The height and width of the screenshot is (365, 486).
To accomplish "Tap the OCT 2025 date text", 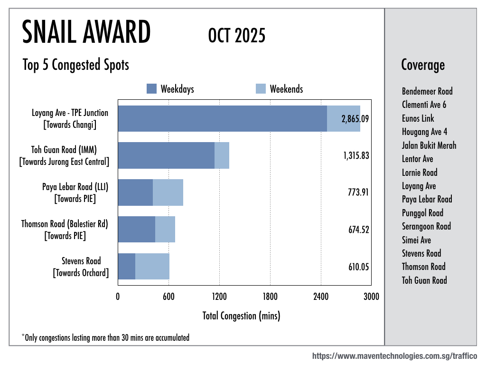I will pos(236,36).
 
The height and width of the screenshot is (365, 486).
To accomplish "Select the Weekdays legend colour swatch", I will pos(151,89).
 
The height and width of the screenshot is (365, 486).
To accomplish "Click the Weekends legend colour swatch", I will pos(261,89).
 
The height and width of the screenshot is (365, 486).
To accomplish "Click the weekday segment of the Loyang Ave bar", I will pos(222,118).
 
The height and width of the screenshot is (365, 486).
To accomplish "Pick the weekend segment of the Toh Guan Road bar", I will pos(222,155).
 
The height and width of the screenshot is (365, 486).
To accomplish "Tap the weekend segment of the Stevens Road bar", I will pos(152,267).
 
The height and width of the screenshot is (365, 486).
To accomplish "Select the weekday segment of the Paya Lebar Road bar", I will pos(135,192).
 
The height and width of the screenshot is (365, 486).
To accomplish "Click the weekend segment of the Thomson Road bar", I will pos(165,230).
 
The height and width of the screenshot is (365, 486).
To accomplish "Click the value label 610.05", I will pos(358,267).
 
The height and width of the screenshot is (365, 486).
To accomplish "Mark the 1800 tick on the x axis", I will pos(270,297).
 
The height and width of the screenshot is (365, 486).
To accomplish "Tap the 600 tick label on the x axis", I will pos(168,297).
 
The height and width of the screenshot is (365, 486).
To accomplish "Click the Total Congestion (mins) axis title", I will pos(241,316).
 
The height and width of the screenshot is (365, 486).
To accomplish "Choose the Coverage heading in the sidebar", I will pos(423,65).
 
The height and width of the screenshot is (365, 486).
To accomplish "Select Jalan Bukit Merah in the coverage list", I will pos(429,145).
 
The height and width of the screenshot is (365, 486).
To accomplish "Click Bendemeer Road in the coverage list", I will pos(427,91).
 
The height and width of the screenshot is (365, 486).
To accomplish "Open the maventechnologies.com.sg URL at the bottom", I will pos(394,356).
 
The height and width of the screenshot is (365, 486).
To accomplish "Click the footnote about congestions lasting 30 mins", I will pos(105,338).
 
